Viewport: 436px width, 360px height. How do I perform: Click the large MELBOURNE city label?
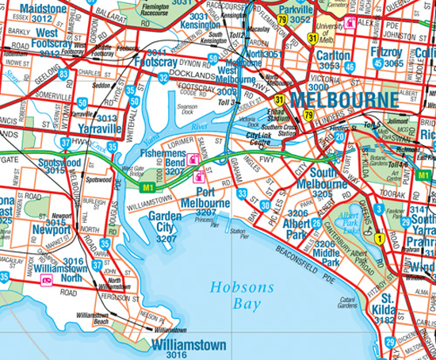pos(343,101)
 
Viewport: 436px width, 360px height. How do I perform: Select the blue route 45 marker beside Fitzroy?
pos(378,61)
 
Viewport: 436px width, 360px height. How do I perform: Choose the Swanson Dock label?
pos(187,106)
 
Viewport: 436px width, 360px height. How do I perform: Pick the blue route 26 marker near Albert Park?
pos(316,224)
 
